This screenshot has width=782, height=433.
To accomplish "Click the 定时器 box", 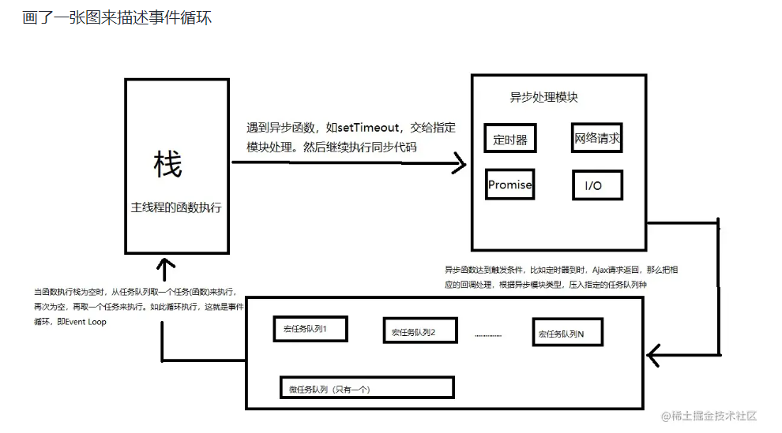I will (509, 140).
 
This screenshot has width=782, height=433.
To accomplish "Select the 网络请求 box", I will (597, 138).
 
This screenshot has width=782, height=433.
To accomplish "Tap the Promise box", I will (509, 185).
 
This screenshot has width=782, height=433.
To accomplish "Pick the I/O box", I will (597, 185).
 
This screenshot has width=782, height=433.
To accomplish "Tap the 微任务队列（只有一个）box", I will (366, 388).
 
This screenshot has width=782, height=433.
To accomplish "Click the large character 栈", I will (167, 165).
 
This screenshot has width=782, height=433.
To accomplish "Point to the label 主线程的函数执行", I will (176, 208).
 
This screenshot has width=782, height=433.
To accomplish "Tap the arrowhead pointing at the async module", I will (458, 165).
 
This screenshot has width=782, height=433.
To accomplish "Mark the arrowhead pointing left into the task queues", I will (654, 356).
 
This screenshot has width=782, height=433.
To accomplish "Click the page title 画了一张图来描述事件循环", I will (117, 17).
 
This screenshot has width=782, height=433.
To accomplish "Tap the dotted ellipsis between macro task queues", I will (487, 334).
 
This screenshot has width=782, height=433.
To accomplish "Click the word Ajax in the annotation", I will (598, 270).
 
